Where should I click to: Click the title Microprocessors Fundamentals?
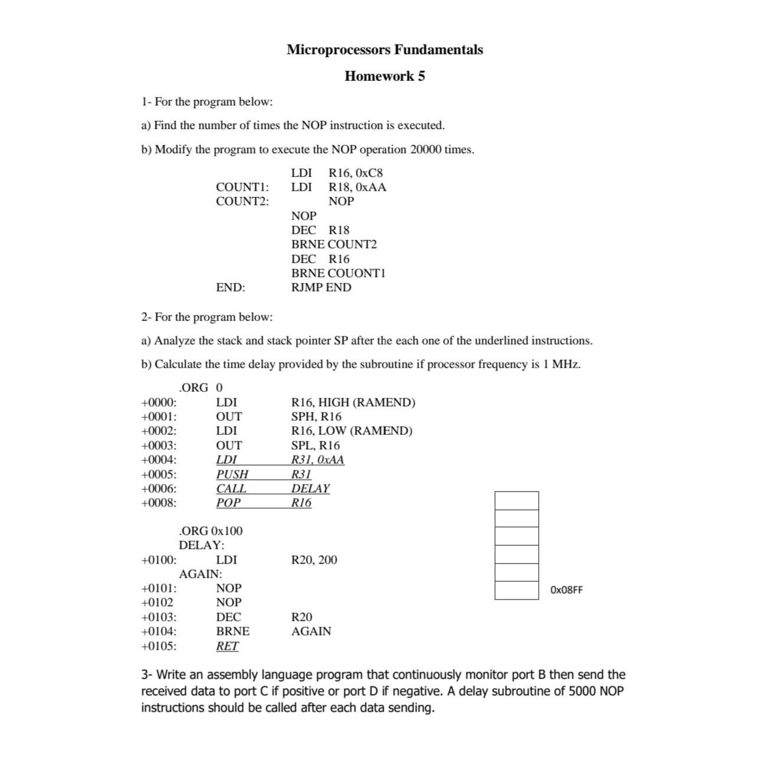click(x=385, y=50)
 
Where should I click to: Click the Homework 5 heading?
click(x=385, y=76)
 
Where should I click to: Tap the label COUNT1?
click(x=242, y=187)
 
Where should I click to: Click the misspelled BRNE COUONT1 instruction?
click(x=338, y=273)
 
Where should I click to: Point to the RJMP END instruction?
click(x=321, y=287)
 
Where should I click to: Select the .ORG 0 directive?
click(x=201, y=388)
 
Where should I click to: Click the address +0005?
click(x=159, y=474)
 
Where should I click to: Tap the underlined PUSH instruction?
click(x=232, y=474)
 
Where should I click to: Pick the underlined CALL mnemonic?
click(x=231, y=489)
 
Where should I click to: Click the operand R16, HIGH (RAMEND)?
click(x=353, y=402)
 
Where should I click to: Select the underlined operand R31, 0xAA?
click(x=317, y=460)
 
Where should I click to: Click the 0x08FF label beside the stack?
click(x=566, y=590)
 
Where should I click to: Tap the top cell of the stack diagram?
click(x=516, y=500)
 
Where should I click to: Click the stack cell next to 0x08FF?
click(x=516, y=591)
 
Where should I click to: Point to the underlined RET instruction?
click(x=227, y=646)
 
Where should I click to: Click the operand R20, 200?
click(x=314, y=560)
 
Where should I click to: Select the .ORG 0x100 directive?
click(x=210, y=531)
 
